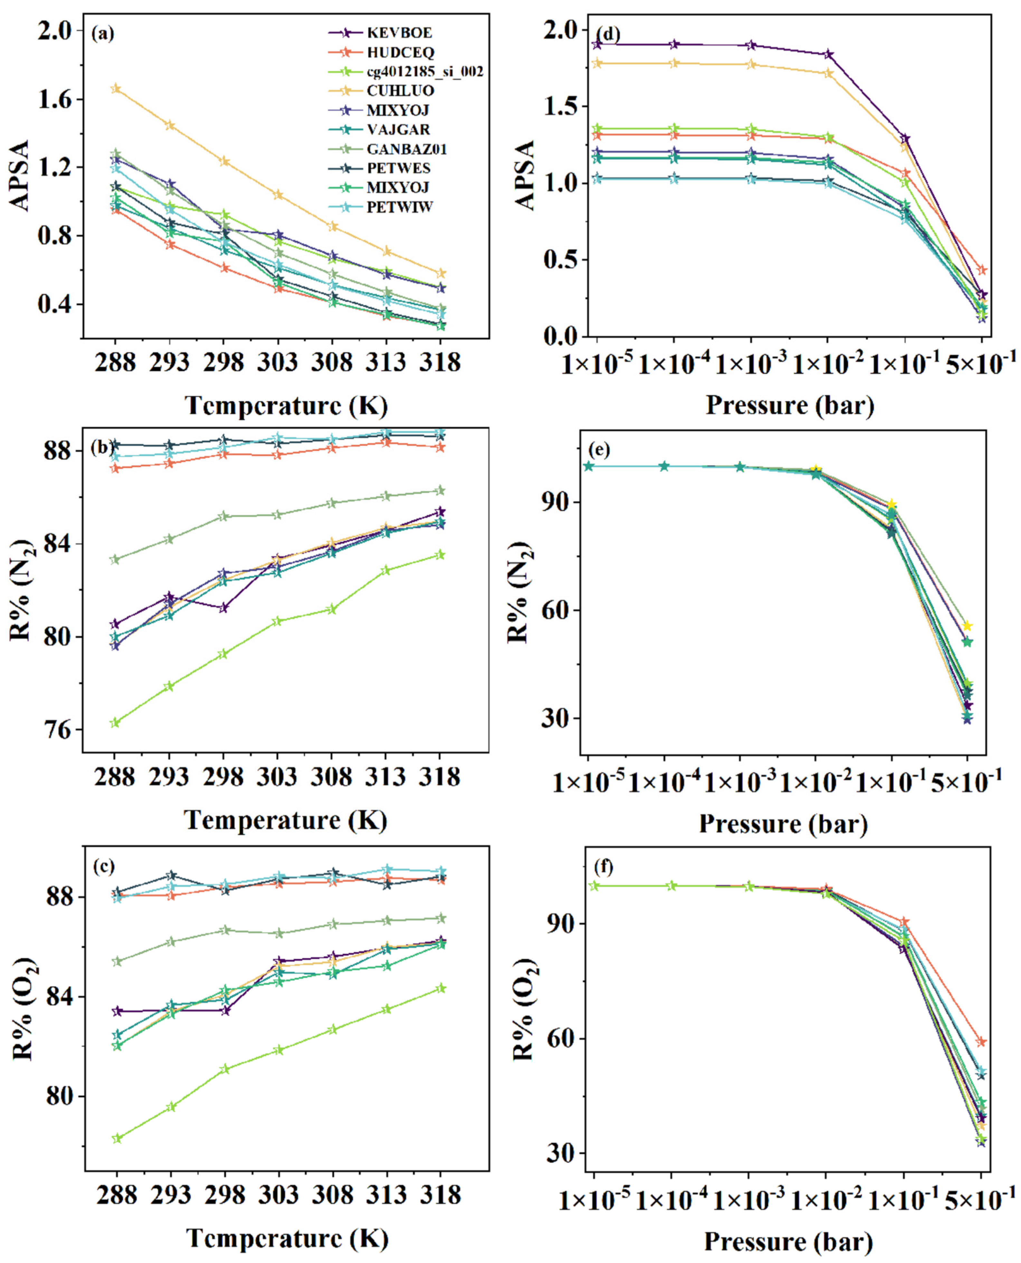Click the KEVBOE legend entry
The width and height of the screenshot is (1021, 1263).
pos(399,33)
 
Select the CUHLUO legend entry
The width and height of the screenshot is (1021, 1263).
pos(400,90)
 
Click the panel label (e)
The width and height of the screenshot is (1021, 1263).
pos(598,450)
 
